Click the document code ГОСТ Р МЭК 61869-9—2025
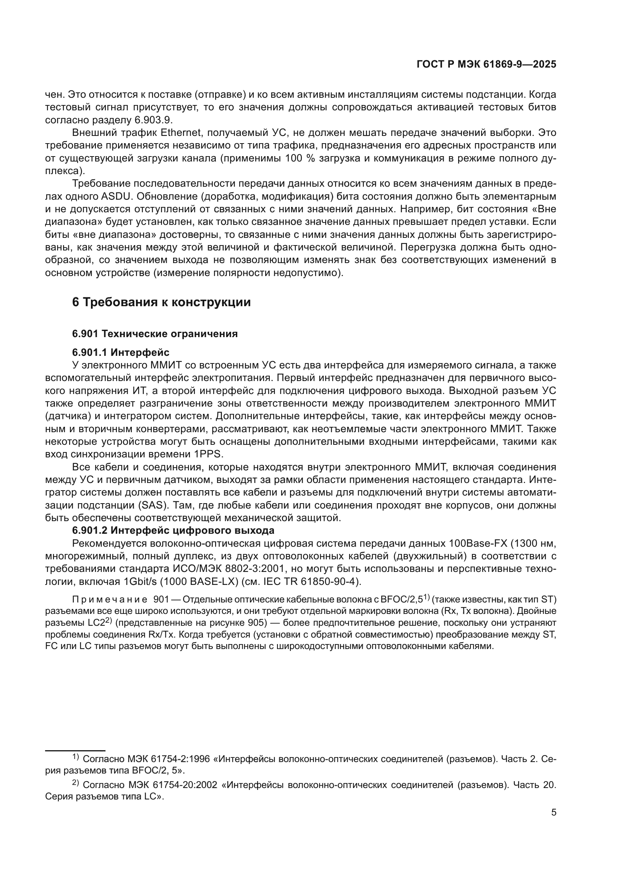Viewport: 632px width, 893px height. point(486,65)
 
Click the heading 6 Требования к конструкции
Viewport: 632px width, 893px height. point(161,302)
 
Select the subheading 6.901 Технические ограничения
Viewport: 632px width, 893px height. point(155,334)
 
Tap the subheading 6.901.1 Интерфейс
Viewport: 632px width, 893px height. point(121,352)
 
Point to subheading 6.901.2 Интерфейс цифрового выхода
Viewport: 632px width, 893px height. point(173,530)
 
